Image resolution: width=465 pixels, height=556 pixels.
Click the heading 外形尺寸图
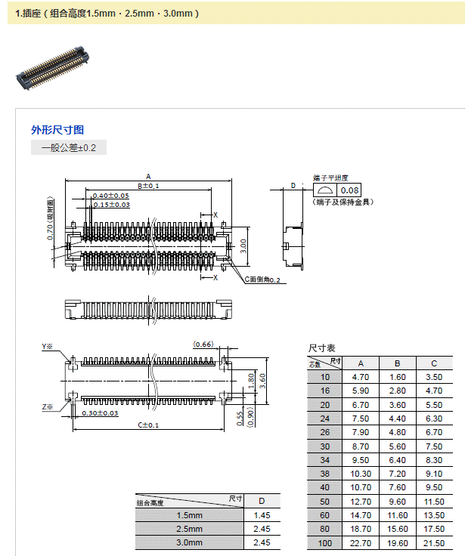click(57, 130)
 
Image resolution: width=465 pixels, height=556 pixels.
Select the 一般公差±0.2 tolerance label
click(69, 147)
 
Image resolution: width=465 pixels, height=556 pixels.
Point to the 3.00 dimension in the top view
click(243, 246)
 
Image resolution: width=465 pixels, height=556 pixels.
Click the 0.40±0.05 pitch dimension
click(110, 196)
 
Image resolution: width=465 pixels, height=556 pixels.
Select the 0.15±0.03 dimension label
click(111, 205)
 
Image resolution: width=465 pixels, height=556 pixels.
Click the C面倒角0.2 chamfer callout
click(262, 280)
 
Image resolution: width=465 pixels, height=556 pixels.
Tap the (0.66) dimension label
click(203, 344)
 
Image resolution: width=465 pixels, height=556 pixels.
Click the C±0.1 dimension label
click(148, 425)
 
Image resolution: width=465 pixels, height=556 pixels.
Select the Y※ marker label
click(47, 347)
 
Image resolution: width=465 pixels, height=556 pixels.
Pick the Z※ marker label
click(47, 407)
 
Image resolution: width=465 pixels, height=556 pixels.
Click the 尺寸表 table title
click(321, 348)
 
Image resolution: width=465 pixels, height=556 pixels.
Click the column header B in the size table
click(397, 363)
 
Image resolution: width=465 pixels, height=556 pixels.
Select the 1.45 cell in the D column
click(261, 515)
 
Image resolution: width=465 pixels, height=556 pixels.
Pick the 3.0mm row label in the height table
click(189, 542)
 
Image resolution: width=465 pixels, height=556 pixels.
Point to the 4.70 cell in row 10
click(361, 377)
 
